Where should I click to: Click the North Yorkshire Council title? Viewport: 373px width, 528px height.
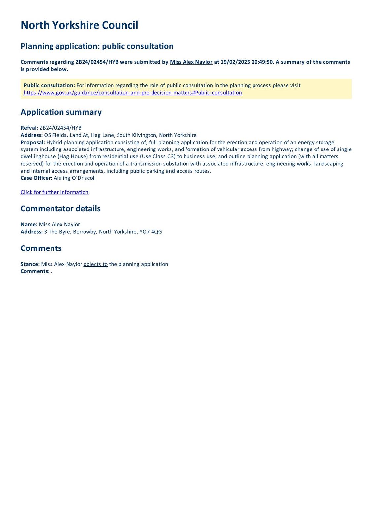(79, 25)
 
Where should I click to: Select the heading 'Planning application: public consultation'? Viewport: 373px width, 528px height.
(97, 46)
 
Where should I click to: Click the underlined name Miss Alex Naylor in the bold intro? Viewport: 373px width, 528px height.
(191, 62)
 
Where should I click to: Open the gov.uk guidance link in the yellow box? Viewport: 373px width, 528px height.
(133, 93)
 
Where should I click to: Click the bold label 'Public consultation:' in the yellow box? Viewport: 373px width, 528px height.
(49, 85)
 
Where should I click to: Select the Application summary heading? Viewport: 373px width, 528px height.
(61, 112)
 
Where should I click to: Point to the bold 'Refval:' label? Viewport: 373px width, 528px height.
(29, 128)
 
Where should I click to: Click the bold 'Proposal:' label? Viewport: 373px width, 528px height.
(33, 142)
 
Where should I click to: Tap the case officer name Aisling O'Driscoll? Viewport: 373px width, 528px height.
(75, 178)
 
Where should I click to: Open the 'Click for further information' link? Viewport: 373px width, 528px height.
(54, 192)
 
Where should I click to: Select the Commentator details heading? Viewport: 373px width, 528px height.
(60, 209)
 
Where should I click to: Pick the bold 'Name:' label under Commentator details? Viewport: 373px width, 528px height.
(29, 224)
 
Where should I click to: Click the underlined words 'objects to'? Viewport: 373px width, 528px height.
(95, 264)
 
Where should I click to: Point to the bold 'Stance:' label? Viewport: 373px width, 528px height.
(30, 264)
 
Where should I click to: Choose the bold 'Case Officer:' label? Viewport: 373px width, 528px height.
(36, 178)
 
